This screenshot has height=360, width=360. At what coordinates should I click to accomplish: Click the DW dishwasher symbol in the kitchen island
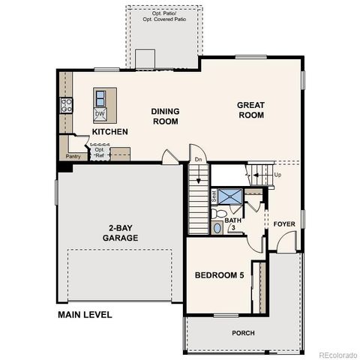100,114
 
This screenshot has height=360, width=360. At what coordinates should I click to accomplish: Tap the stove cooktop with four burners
65,106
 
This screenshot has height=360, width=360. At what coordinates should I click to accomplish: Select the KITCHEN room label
109,132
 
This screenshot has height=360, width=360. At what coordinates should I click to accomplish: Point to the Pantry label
73,156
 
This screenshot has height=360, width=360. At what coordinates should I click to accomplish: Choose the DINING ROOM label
166,115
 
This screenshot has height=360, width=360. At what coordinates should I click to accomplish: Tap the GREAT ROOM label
251,110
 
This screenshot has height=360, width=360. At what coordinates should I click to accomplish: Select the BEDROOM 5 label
220,275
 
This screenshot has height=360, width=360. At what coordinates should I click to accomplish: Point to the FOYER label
283,224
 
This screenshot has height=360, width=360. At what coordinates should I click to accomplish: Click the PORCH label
242,332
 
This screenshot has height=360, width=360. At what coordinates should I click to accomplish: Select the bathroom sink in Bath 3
217,227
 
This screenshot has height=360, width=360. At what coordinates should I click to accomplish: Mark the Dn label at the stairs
198,160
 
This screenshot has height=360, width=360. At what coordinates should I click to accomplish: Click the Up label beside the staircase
278,175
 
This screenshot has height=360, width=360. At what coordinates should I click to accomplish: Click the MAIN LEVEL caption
85,315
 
